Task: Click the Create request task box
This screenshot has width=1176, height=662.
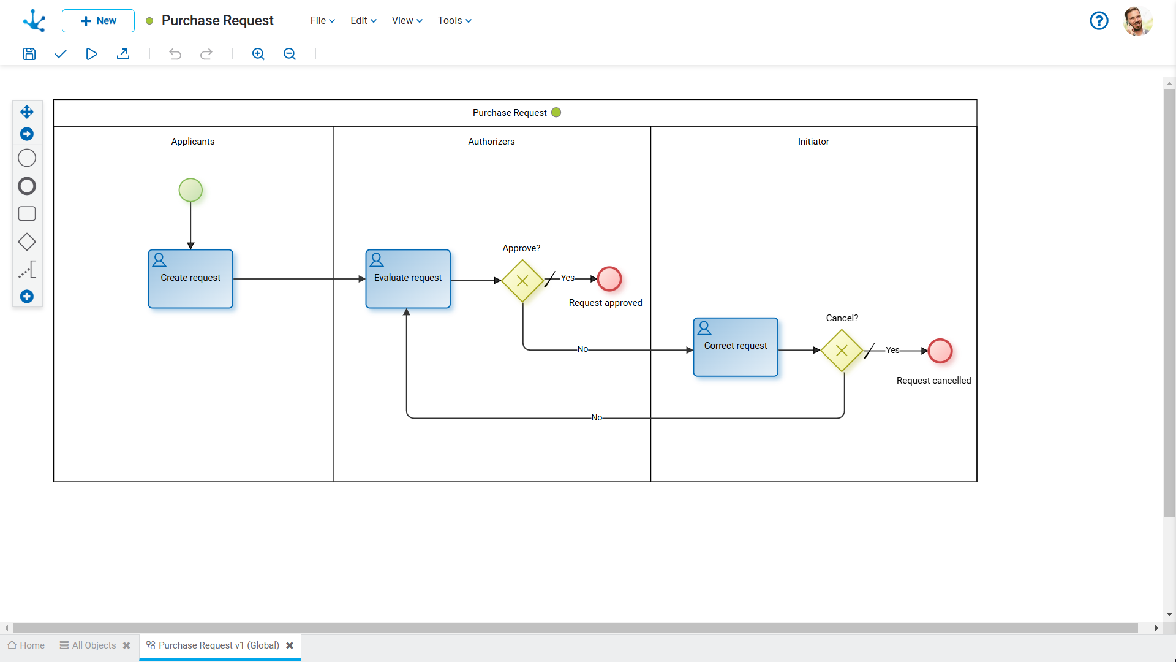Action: tap(190, 279)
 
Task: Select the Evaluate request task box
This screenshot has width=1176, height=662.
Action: tap(408, 279)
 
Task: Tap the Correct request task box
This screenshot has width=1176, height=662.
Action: tap(736, 347)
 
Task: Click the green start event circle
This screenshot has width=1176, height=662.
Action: tap(190, 190)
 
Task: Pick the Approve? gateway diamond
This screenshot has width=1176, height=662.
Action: tap(522, 281)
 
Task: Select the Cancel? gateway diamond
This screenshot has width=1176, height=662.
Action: tap(842, 351)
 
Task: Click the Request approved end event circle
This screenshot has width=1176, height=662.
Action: tap(609, 279)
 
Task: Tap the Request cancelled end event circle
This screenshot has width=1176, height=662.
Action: tap(940, 351)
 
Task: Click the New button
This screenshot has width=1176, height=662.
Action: tap(98, 21)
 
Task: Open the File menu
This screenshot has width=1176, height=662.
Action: tap(322, 21)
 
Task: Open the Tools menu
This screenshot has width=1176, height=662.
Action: tap(454, 21)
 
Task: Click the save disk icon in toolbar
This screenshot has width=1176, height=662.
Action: tap(29, 54)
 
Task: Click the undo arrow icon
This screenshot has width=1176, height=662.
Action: tap(175, 54)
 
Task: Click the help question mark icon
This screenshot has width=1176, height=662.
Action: tap(1099, 21)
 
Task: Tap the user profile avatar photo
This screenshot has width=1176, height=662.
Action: tap(1137, 21)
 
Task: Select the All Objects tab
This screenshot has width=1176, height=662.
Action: tap(94, 645)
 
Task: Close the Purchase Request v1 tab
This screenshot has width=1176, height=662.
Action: tap(290, 645)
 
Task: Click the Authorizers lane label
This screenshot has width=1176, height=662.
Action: tap(491, 142)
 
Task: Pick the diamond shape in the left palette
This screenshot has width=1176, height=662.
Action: tap(27, 242)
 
